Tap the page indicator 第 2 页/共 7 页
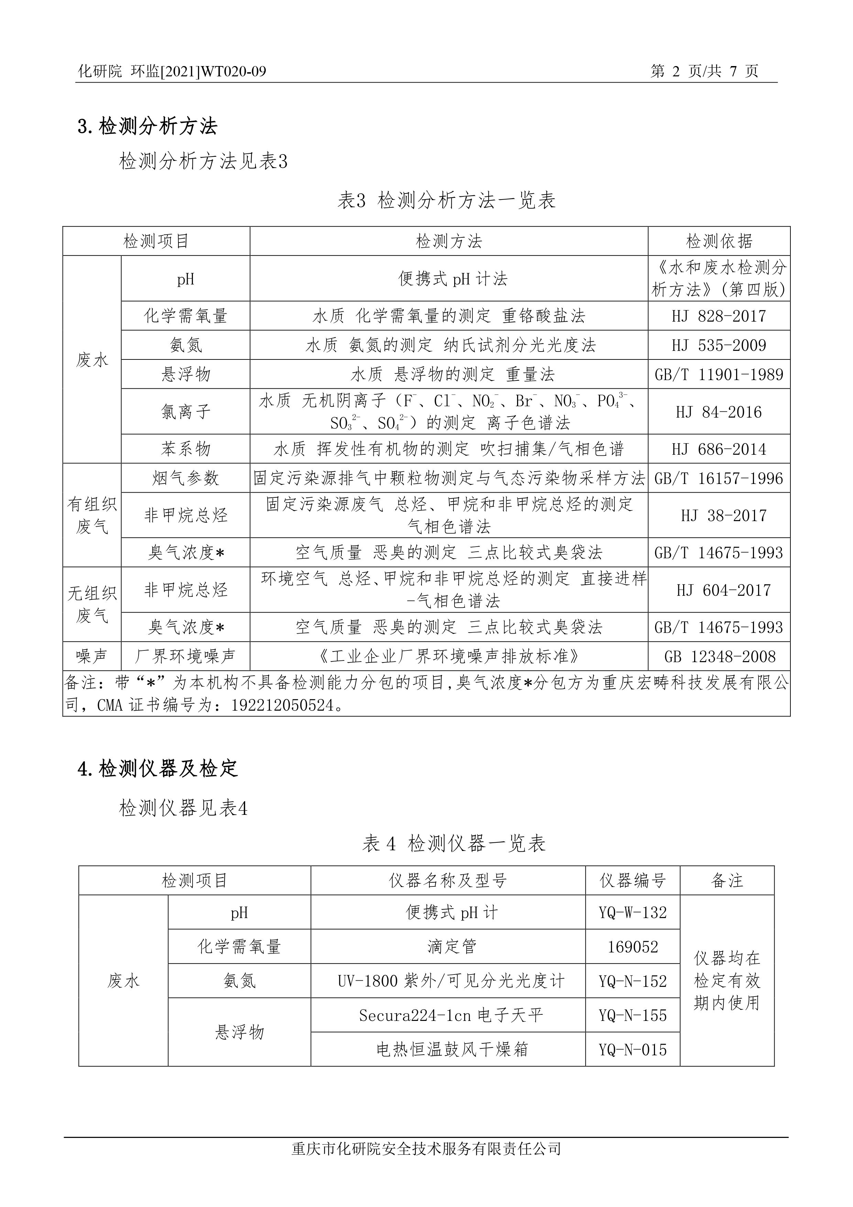[704, 72]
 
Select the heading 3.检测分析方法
[147, 127]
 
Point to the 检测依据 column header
[719, 241]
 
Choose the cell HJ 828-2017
[719, 316]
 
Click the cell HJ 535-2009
[719, 345]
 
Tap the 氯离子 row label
[186, 412]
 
